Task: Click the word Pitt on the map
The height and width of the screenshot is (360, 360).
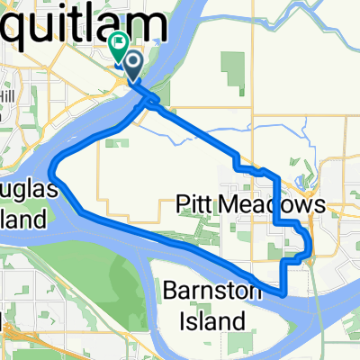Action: point(191,208)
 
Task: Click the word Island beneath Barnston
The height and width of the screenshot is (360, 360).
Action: point(204,319)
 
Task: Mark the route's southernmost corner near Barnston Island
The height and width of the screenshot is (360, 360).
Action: point(283,293)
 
